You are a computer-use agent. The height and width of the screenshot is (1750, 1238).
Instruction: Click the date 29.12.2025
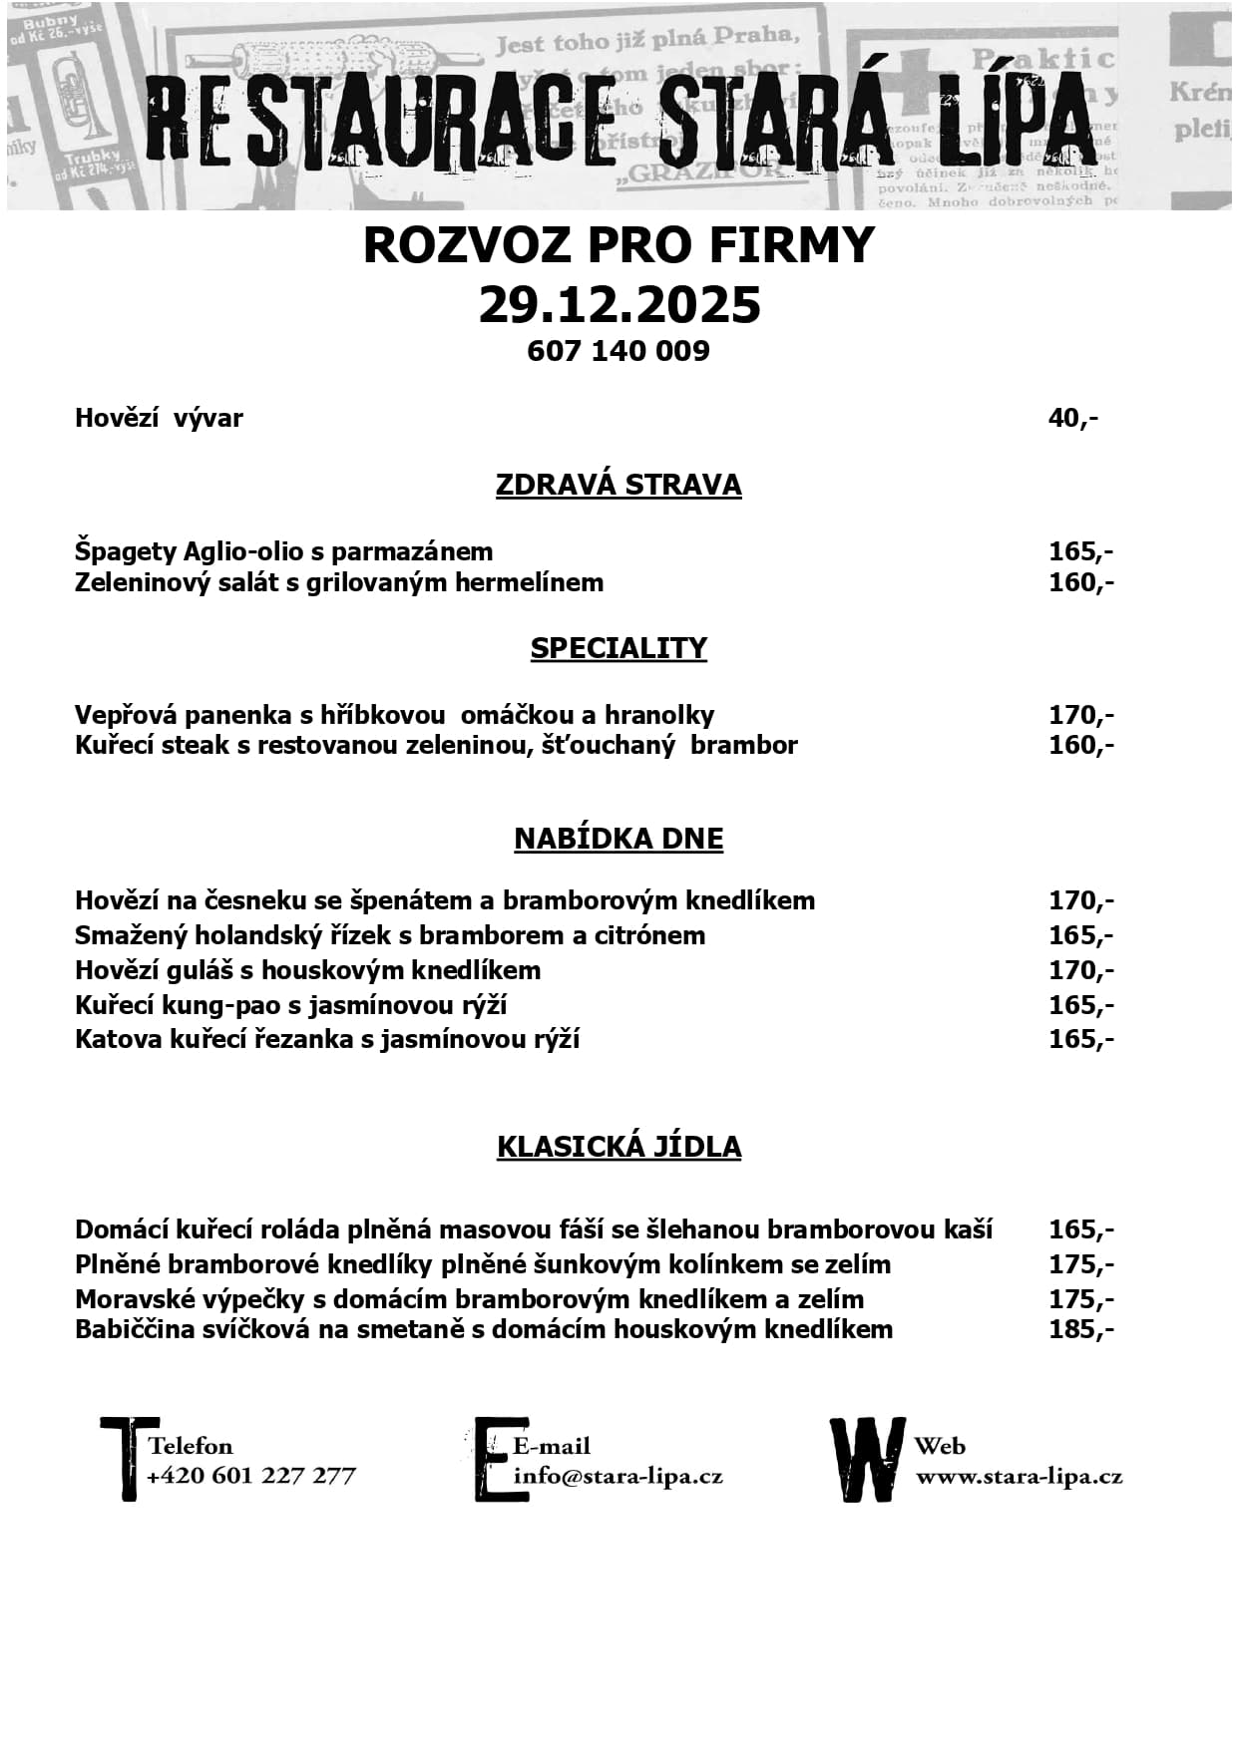[619, 305]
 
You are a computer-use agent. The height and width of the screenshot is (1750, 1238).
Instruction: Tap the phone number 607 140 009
[619, 351]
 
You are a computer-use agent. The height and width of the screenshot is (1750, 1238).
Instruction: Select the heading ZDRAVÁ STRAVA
[619, 485]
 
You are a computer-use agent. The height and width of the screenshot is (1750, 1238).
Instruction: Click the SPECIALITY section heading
[619, 648]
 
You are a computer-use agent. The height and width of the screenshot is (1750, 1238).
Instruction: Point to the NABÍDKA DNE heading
[619, 839]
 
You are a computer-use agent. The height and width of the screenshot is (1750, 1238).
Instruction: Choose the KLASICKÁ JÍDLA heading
[619, 1147]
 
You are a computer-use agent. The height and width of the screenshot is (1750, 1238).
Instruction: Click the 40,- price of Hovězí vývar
[1072, 418]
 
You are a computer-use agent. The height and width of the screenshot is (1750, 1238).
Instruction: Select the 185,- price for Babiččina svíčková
[1080, 1329]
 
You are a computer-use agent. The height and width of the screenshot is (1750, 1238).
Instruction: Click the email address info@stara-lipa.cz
[618, 1477]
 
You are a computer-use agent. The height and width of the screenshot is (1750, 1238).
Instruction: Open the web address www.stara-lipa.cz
[1019, 1477]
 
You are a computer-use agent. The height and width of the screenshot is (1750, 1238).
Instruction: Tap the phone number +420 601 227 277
[251, 1477]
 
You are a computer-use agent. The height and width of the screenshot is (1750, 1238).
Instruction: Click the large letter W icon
[868, 1459]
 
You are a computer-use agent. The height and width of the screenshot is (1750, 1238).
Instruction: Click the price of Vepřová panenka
[1080, 715]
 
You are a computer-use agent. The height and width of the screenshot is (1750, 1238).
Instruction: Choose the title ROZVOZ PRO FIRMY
[619, 245]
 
